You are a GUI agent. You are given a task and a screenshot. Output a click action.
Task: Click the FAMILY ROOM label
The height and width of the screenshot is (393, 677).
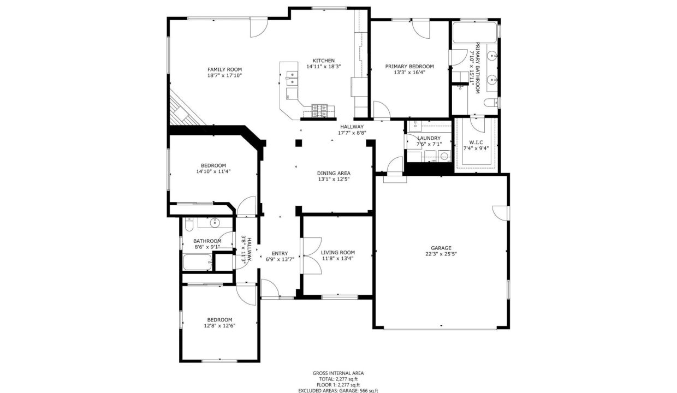pyautogui.click(x=224, y=69)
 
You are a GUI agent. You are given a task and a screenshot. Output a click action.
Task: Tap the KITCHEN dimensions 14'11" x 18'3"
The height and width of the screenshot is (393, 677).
pyautogui.click(x=324, y=67)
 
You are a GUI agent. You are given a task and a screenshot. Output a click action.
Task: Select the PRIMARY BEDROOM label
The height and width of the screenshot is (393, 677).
pyautogui.click(x=409, y=67)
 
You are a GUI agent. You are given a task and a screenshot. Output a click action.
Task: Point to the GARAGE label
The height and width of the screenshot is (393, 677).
pyautogui.click(x=441, y=248)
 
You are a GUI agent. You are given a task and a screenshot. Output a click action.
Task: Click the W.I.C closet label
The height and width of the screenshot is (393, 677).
pyautogui.click(x=476, y=142)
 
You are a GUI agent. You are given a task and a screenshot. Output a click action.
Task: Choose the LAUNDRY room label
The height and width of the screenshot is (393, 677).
pyautogui.click(x=429, y=138)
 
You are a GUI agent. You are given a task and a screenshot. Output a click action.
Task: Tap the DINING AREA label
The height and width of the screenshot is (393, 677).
pyautogui.click(x=334, y=174)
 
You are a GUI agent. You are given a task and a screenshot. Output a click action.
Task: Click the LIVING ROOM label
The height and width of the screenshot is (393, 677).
pyautogui.click(x=338, y=253)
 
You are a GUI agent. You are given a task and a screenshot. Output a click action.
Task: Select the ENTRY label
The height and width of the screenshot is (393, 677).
pyautogui.click(x=280, y=253)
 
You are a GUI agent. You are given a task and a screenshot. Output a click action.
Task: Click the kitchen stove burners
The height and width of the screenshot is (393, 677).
pyautogui.click(x=319, y=111)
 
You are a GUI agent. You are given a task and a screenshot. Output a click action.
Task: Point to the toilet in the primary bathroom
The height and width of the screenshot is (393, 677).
pyautogui.click(x=491, y=103)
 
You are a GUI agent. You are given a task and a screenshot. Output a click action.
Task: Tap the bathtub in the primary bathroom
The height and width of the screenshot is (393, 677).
pyautogui.click(x=474, y=32)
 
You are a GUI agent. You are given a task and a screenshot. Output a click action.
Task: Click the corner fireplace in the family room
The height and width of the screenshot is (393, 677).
pyautogui.click(x=184, y=109)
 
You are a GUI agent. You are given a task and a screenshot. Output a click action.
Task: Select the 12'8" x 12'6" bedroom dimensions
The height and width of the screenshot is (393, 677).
pyautogui.click(x=219, y=326)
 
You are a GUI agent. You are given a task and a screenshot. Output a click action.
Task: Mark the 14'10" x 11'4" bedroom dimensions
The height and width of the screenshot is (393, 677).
pyautogui.click(x=213, y=171)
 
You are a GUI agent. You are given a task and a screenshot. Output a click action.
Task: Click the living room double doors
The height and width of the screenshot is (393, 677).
pyautogui.click(x=311, y=256)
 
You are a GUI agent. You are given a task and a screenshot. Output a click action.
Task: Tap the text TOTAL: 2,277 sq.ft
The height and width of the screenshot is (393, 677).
pyautogui.click(x=338, y=379)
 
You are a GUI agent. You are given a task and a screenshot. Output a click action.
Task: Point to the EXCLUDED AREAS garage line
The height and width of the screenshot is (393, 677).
pyautogui.click(x=338, y=391)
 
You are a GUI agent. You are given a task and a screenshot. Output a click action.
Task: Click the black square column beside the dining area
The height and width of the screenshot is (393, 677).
pyautogui.click(x=299, y=143)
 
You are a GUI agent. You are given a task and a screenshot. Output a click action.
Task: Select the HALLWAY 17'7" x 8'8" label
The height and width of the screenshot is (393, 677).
pyautogui.click(x=352, y=129)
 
